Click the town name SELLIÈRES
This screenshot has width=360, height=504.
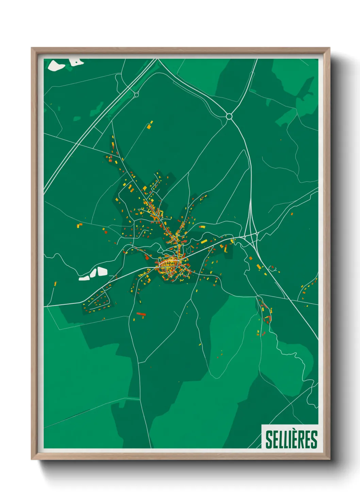click(x=291, y=440)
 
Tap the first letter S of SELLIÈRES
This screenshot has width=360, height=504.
click(x=268, y=440)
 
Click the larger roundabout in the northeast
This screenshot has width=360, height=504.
click(x=229, y=116)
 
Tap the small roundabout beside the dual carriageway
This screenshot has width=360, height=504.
click(x=136, y=94)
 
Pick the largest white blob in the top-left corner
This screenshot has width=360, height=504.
click(x=56, y=65)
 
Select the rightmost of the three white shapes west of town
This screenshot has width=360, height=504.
click(x=102, y=271)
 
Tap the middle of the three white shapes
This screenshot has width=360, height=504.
click(x=93, y=273)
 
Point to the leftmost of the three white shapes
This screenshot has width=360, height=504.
click(x=84, y=278)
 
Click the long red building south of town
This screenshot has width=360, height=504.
click(x=141, y=314)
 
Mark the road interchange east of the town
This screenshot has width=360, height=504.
click(x=252, y=235)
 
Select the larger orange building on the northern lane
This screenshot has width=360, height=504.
click(x=149, y=126)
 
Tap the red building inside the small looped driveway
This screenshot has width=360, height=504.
click(x=271, y=268)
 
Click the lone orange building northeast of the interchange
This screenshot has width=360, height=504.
click(x=292, y=214)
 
